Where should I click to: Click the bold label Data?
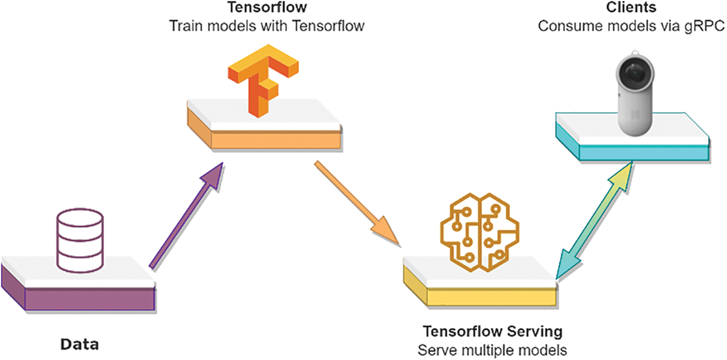click(80, 344)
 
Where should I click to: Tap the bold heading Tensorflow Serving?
click(492, 332)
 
